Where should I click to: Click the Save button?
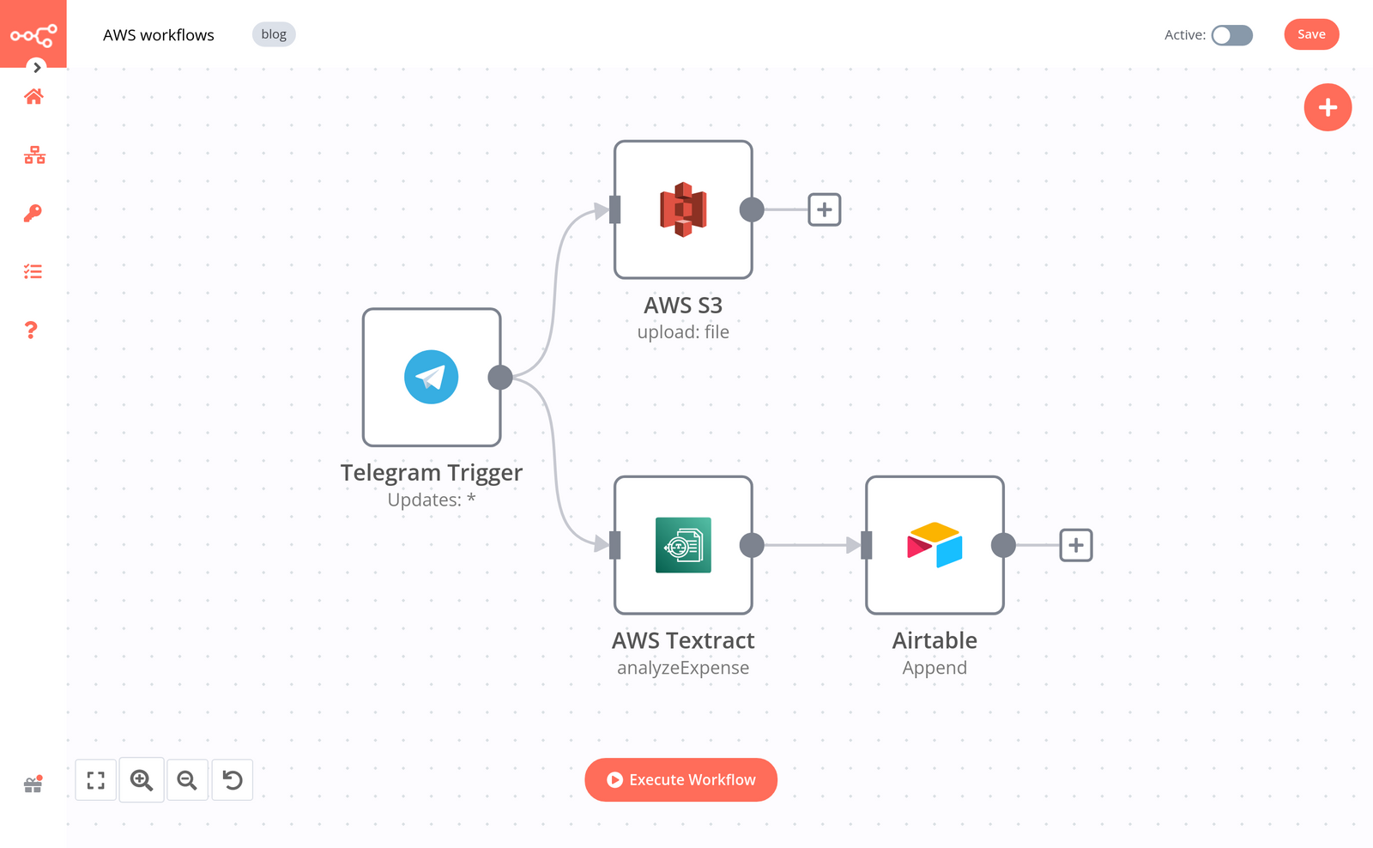pos(1310,34)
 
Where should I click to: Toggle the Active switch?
pos(1231,35)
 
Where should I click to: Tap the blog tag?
pos(274,34)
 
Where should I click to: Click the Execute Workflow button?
pos(680,779)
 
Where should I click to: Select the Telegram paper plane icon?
pos(431,377)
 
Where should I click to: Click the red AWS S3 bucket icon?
pos(683,209)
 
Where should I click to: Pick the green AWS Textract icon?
pos(683,545)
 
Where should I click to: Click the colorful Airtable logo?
pos(934,545)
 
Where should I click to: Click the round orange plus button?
pos(1328,107)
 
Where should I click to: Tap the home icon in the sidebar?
pos(33,96)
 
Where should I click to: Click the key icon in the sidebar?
pos(33,213)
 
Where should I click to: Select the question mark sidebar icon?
pos(32,330)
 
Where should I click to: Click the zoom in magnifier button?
pos(142,780)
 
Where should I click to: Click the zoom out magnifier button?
pos(187,780)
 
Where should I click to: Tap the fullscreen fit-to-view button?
pos(96,780)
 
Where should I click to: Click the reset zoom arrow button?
pos(233,780)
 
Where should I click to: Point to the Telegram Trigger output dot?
pos(500,377)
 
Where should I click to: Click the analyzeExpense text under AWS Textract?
pos(683,668)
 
